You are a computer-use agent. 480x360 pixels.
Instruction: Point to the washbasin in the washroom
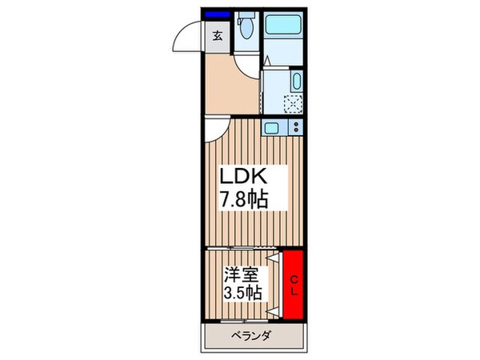point(296,81)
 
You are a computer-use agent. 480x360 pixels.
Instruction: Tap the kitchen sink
point(272,127)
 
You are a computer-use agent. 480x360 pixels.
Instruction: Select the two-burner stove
point(296,127)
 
